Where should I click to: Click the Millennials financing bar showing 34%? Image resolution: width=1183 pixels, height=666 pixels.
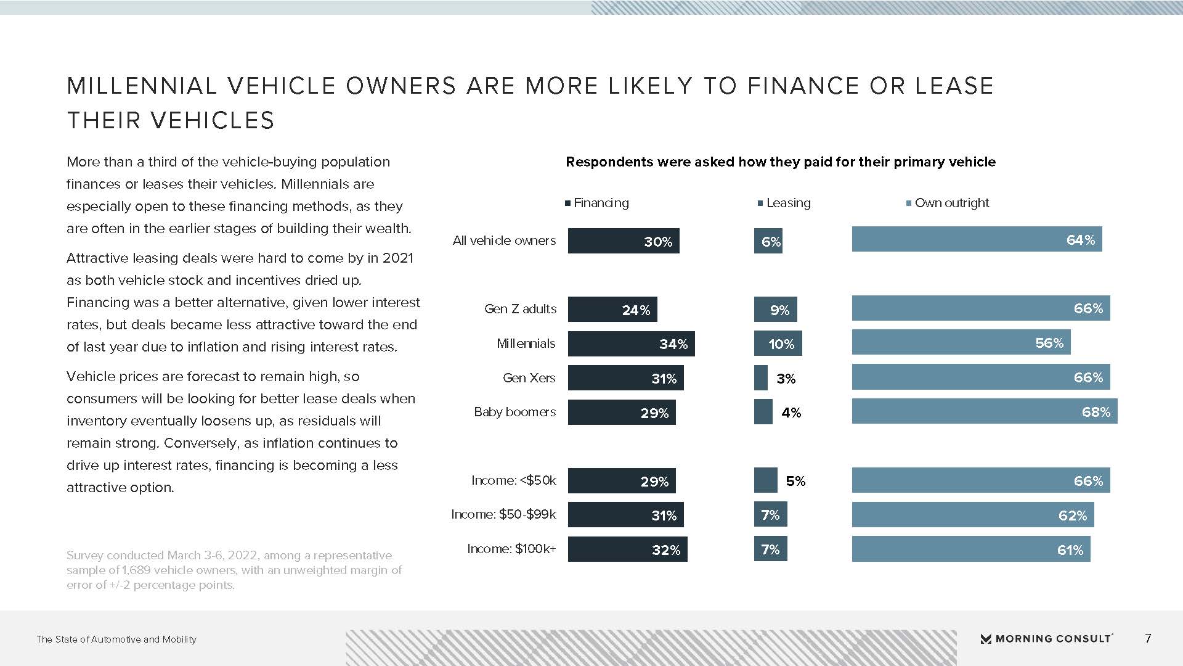pos(631,343)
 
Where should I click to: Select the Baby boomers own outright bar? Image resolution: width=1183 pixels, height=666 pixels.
pos(984,411)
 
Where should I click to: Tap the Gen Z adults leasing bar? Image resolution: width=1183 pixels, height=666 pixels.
pos(775,310)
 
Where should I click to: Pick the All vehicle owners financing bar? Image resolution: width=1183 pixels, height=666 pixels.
pos(623,241)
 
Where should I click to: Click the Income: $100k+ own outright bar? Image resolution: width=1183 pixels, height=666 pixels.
pos(970,549)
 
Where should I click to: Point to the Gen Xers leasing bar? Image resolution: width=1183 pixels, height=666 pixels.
pos(761,378)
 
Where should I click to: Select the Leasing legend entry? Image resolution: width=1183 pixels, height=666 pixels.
pos(784,203)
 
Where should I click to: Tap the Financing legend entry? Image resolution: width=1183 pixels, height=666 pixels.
pos(597,203)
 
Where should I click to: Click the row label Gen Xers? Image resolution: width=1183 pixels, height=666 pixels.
pos(529,378)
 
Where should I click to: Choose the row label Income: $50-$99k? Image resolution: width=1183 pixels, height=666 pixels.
pos(503,514)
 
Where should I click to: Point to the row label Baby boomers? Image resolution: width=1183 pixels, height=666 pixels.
pos(514,412)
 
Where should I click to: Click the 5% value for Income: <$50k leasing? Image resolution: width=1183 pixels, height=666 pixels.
pos(795,481)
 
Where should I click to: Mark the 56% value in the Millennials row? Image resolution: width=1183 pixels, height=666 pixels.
pos(1049,343)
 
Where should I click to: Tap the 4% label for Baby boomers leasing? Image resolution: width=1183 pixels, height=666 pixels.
pos(791,413)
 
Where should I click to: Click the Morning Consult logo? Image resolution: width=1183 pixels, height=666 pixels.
pos(1046,639)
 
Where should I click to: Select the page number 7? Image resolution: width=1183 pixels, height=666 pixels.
pos(1148,639)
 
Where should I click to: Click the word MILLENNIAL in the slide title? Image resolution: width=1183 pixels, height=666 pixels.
pos(142,86)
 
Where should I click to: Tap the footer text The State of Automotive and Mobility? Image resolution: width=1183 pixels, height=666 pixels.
pos(116,639)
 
